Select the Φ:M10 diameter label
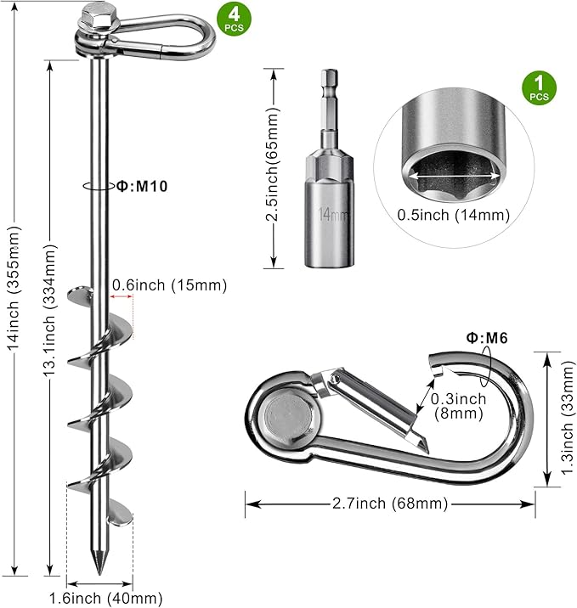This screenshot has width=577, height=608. pyautogui.click(x=141, y=184)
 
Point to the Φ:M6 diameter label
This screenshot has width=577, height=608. pyautogui.click(x=488, y=338)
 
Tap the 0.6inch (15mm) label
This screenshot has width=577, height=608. pyautogui.click(x=169, y=286)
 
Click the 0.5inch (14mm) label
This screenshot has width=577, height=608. pyautogui.click(x=453, y=215)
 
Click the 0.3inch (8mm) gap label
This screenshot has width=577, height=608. pyautogui.click(x=458, y=406)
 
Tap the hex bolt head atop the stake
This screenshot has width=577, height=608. pyautogui.click(x=93, y=16)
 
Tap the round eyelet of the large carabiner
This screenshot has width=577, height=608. pyautogui.click(x=284, y=416)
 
